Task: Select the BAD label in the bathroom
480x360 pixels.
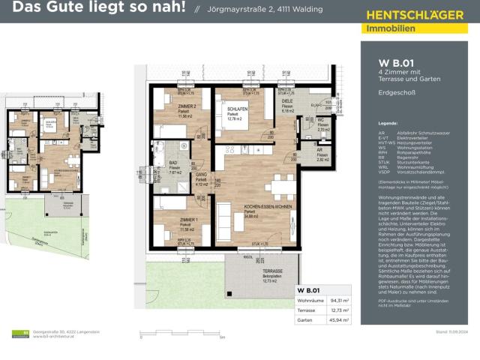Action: [172, 162]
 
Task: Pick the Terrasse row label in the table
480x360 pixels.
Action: [306, 310]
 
